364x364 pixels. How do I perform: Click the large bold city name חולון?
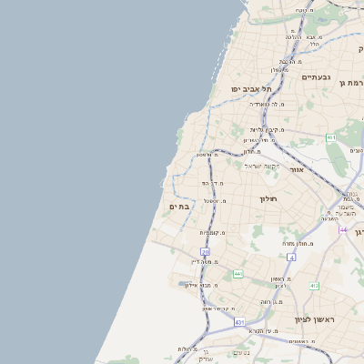[267, 198]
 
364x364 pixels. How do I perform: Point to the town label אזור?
[296, 169]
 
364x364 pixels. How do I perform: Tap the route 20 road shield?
[206, 252]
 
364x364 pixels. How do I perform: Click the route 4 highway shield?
[291, 258]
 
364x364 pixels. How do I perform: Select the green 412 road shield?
[314, 286]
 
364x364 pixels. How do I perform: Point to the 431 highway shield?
[239, 322]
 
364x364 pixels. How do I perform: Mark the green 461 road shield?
[330, 136]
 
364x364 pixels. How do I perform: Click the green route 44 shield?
[238, 273]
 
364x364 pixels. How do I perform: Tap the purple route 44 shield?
[343, 230]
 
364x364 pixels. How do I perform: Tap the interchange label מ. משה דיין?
[208, 262]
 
